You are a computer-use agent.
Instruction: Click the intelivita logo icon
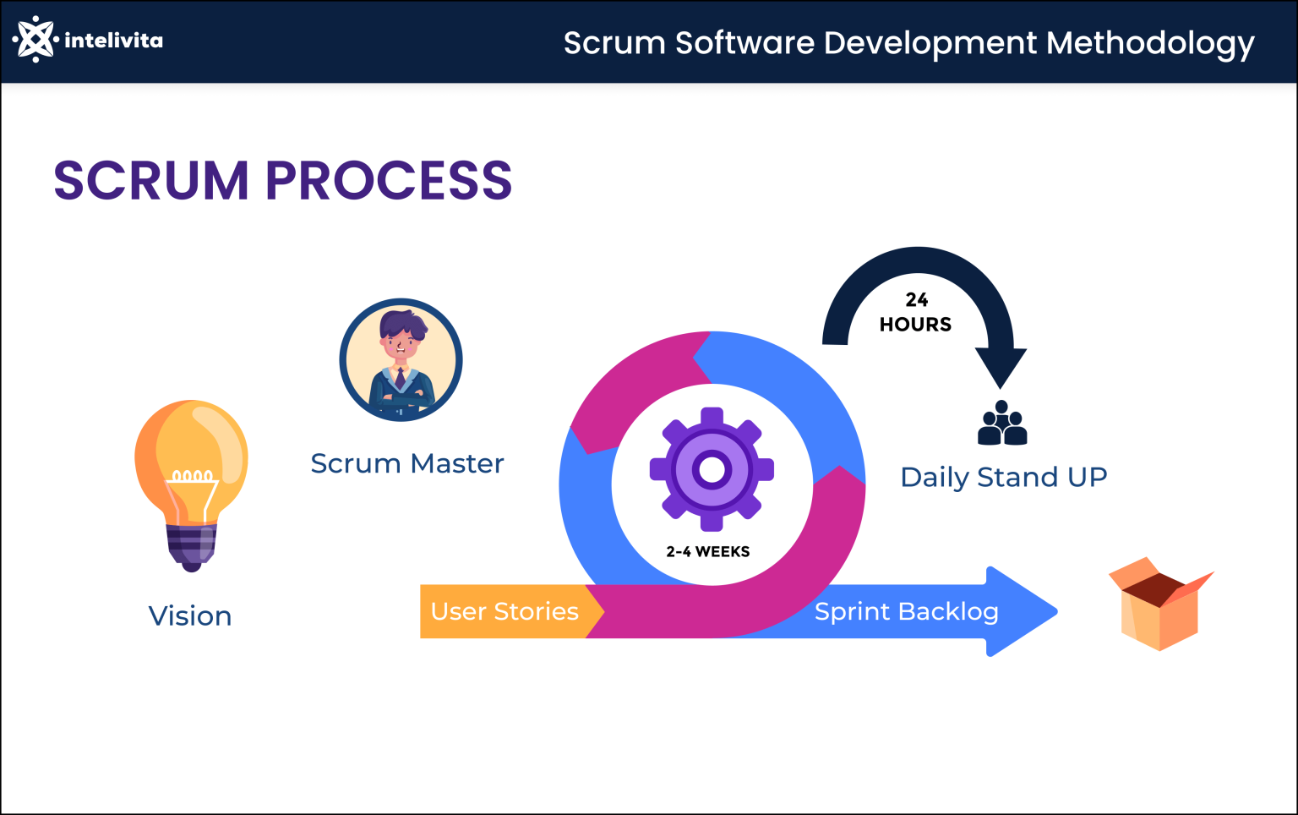coord(35,39)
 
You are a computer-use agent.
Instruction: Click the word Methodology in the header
coord(1150,43)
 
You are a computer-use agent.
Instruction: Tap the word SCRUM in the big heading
coord(151,180)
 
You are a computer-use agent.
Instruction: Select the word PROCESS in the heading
coord(390,180)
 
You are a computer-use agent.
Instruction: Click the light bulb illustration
coord(192,473)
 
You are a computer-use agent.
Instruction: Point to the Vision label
coord(190,615)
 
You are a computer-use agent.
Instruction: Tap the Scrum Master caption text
coord(406,463)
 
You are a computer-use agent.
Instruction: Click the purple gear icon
coord(712,469)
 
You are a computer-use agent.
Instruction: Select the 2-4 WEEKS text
coord(708,552)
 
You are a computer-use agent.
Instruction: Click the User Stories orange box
coord(504,611)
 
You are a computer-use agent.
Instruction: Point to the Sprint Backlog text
coord(906,611)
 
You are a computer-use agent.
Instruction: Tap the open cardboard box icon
coord(1159,604)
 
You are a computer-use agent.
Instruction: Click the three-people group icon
coord(1002,424)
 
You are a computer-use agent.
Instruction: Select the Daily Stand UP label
coord(1003,477)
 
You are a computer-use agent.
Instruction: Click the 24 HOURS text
coord(915,312)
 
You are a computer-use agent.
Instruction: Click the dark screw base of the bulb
coord(192,546)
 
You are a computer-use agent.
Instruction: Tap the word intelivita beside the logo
coord(113,40)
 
